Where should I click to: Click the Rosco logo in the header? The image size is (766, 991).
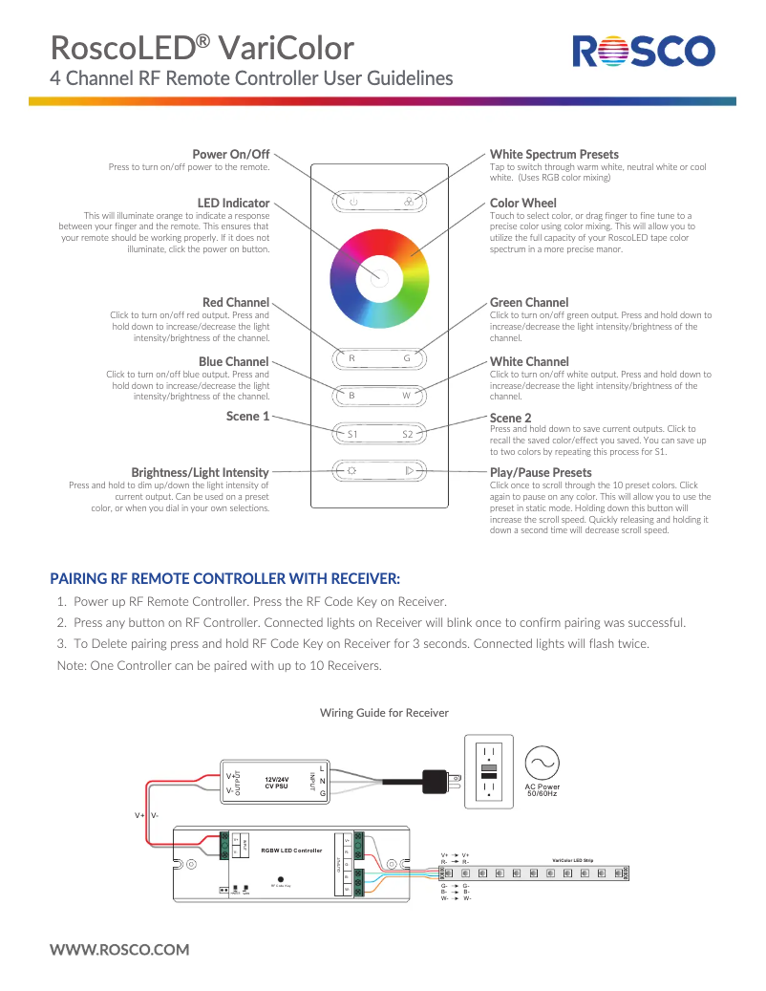click(644, 52)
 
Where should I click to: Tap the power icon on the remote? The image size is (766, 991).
click(352, 202)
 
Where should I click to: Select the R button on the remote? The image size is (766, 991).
click(351, 358)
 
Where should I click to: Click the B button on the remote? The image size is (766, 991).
click(351, 395)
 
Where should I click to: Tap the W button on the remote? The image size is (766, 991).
click(407, 395)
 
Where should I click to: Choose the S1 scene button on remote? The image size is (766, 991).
click(351, 434)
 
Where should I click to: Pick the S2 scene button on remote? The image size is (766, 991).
click(407, 434)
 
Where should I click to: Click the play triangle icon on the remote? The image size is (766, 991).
click(408, 470)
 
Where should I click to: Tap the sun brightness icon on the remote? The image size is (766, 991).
click(351, 470)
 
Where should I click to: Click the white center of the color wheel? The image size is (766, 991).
click(378, 277)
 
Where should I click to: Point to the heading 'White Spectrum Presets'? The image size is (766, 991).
click(554, 154)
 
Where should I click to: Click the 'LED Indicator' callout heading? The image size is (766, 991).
click(233, 203)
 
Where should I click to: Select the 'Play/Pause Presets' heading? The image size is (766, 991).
click(541, 472)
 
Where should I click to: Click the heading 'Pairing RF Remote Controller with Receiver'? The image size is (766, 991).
click(224, 578)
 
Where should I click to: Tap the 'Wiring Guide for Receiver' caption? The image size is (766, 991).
click(384, 713)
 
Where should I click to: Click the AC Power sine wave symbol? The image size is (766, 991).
click(542, 763)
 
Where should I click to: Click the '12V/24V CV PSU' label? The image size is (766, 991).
click(276, 783)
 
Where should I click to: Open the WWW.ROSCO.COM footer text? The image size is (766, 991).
click(119, 949)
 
